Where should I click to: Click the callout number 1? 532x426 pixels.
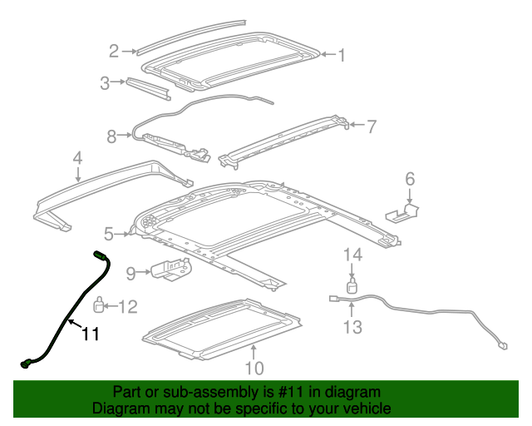pyautogui.click(x=340, y=55)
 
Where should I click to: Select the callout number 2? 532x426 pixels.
pyautogui.click(x=115, y=52)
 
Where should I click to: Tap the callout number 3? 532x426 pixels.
pyautogui.click(x=105, y=82)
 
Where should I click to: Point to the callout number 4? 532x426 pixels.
pyautogui.click(x=77, y=157)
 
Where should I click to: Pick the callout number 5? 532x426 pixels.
pyautogui.click(x=109, y=234)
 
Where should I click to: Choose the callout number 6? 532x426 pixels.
pyautogui.click(x=409, y=179)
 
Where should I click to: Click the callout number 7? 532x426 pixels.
pyautogui.click(x=371, y=126)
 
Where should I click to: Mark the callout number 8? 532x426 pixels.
pyautogui.click(x=112, y=136)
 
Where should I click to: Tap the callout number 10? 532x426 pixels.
pyautogui.click(x=254, y=367)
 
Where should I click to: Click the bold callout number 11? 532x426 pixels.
pyautogui.click(x=90, y=334)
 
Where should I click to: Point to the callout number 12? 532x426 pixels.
pyautogui.click(x=127, y=307)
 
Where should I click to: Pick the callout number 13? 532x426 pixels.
pyautogui.click(x=353, y=326)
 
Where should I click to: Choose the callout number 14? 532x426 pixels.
pyautogui.click(x=353, y=255)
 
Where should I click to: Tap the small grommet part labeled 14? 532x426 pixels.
pyautogui.click(x=352, y=287)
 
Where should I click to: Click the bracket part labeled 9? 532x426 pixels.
pyautogui.click(x=171, y=270)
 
